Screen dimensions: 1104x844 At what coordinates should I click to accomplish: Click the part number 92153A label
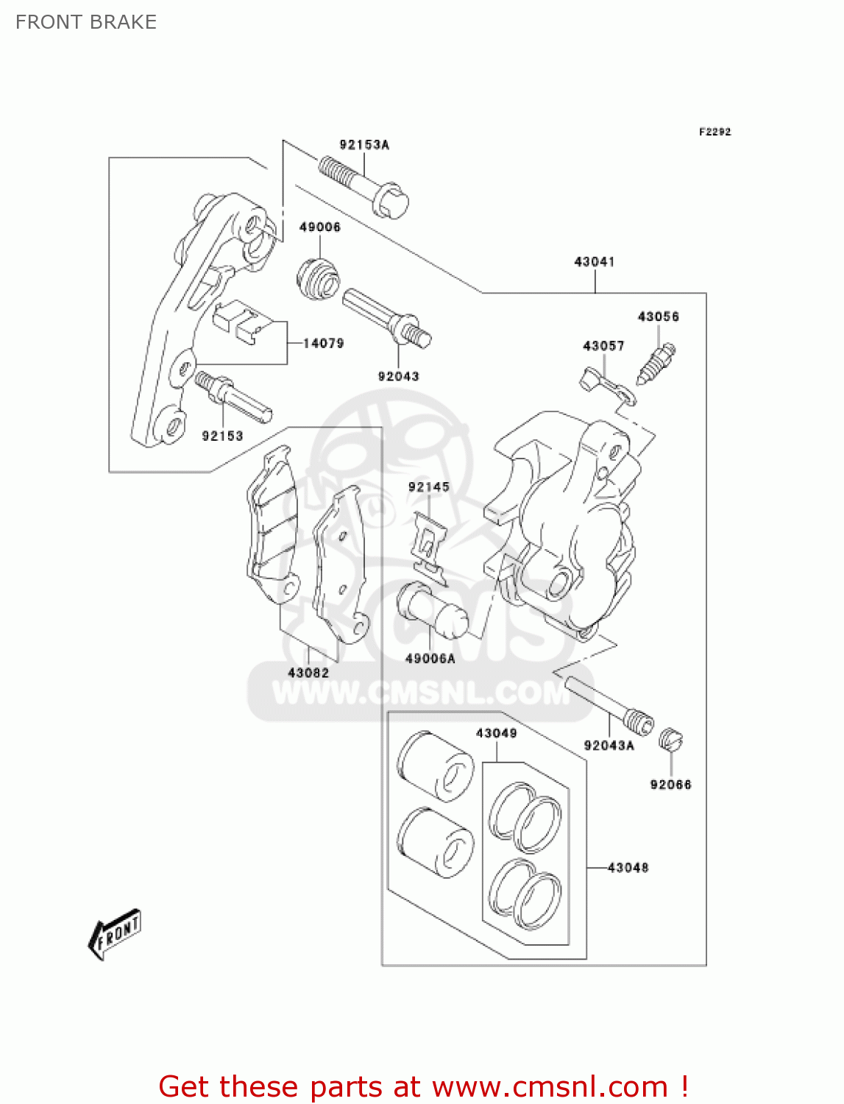364,145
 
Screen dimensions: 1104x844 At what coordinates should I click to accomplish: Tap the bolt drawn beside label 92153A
364,187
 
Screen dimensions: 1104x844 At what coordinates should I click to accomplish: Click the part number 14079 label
324,343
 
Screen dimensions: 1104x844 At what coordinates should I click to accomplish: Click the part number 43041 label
594,261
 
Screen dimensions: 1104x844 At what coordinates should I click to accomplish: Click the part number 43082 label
308,673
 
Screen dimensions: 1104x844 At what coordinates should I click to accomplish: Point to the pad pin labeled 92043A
609,704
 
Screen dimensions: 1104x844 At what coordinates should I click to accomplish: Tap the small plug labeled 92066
670,739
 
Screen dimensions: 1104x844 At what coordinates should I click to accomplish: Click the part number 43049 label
496,733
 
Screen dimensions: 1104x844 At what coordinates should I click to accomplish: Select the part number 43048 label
628,868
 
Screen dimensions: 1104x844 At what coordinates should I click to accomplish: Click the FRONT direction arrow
115,934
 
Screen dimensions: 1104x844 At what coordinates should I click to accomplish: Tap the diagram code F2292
714,132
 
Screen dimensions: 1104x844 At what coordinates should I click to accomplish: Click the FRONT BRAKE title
86,22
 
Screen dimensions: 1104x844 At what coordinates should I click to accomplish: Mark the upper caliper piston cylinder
435,766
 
